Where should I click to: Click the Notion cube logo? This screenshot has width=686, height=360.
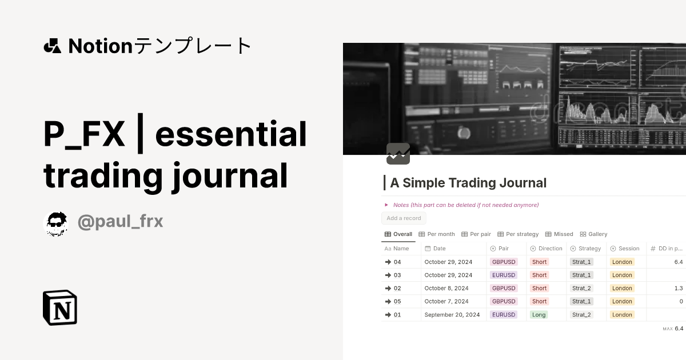(x=60, y=307)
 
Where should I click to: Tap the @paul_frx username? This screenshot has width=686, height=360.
(x=120, y=222)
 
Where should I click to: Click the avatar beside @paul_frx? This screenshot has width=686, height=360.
(x=57, y=223)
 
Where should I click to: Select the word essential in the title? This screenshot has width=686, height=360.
(x=231, y=135)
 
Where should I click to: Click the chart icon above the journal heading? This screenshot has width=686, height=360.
(x=398, y=154)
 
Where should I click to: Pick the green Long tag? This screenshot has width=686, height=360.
(x=539, y=315)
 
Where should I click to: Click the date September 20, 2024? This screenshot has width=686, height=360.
(x=452, y=315)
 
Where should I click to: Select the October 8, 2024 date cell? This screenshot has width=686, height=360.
(x=446, y=289)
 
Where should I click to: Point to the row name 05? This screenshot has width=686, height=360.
(x=397, y=302)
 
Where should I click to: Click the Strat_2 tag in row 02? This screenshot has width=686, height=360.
(x=582, y=289)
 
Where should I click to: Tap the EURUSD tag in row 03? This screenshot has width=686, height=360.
(x=504, y=275)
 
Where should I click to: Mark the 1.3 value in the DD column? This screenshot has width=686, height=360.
(x=679, y=289)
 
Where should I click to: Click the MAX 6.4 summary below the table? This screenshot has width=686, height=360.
(x=673, y=329)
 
